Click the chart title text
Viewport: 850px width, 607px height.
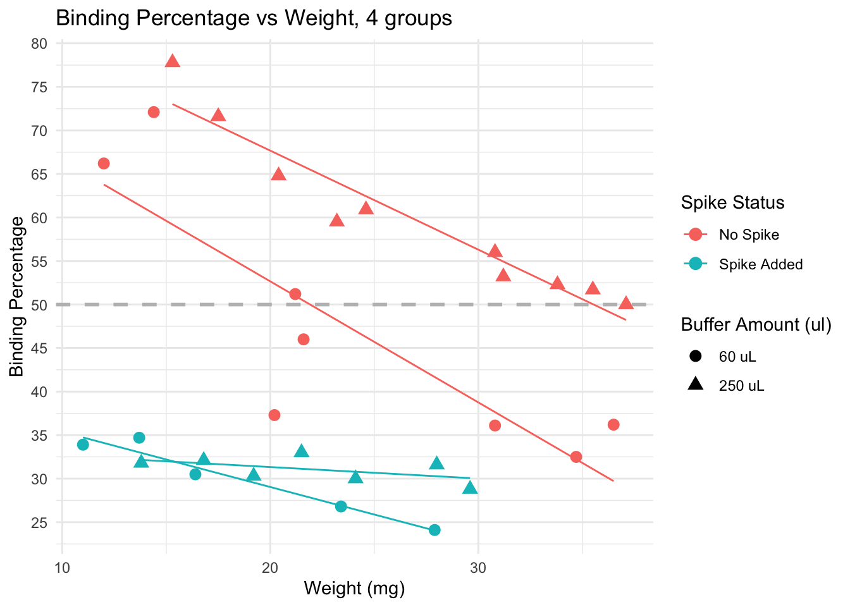click(254, 18)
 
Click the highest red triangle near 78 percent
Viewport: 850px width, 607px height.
click(173, 61)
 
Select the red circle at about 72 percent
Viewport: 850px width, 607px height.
click(154, 113)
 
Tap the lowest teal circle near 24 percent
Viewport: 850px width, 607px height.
click(434, 530)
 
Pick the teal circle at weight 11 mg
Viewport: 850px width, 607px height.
click(83, 445)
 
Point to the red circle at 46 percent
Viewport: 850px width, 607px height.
click(304, 340)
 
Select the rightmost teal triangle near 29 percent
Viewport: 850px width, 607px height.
click(470, 487)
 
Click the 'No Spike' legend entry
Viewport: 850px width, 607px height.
click(749, 235)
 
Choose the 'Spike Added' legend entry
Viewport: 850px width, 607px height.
click(760, 264)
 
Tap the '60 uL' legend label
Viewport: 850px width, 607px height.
click(737, 357)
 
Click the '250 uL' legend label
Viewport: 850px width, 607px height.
click(741, 386)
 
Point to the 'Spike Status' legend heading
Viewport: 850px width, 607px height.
click(732, 202)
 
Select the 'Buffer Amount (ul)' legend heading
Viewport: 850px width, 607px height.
click(756, 324)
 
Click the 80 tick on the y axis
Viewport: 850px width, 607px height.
click(39, 44)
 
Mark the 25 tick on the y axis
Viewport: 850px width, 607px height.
click(39, 523)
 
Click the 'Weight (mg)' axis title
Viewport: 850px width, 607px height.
click(354, 589)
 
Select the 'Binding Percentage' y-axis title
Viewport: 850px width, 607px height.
click(17, 296)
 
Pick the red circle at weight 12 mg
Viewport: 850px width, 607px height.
click(104, 164)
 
